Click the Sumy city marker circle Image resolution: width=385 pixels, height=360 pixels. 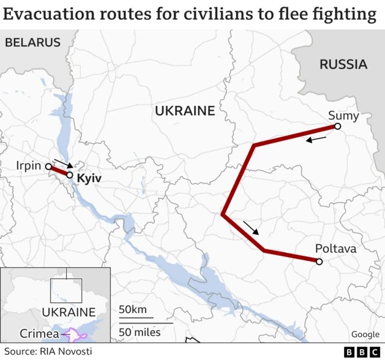337,126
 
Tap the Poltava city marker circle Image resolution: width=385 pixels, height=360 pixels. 319,261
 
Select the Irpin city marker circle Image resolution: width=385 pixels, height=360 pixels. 49,167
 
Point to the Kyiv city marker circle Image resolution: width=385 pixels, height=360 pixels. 70,175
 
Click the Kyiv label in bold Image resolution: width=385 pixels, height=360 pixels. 90,179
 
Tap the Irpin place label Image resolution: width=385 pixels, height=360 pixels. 29,166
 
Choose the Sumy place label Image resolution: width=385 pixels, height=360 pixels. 343,116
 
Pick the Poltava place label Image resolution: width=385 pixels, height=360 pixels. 336,249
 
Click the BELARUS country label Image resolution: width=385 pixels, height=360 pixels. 32,42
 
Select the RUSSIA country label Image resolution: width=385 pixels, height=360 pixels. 343,64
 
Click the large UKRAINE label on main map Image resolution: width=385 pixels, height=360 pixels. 185,111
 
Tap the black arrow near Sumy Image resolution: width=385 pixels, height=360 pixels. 316,140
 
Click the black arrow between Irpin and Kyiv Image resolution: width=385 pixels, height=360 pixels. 63,164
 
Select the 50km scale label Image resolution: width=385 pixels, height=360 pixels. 132,310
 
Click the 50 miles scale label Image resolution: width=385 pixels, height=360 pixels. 140,332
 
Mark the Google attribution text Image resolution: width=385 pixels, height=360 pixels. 365,334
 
